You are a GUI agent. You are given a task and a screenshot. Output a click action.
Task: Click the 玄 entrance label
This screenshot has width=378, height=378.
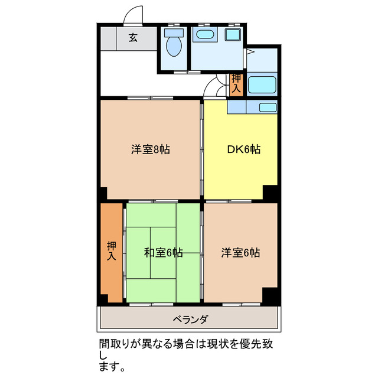[133, 38]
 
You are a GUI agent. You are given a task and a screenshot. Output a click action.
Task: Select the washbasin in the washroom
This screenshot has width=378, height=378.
[205, 34]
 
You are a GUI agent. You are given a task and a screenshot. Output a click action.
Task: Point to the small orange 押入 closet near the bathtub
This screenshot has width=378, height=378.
[236, 83]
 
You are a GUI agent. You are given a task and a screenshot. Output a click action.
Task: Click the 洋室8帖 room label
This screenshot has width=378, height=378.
[151, 149]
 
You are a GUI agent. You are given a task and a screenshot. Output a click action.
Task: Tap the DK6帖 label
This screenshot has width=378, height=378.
[244, 149]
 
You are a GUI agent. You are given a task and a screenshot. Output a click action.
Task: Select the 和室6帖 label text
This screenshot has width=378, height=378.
[163, 253]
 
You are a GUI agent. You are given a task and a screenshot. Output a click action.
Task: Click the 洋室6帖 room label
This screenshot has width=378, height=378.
[240, 253]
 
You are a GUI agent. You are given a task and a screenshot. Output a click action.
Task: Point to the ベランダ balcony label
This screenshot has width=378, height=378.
[190, 320]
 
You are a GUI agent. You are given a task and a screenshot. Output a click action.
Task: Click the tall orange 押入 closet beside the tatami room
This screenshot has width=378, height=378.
[111, 253]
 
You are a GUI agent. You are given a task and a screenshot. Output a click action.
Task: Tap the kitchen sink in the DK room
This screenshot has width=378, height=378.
[268, 107]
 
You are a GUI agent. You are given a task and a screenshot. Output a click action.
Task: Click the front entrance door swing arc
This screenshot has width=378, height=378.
[134, 15]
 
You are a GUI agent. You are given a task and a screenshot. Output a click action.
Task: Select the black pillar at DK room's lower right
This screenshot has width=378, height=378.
[271, 193]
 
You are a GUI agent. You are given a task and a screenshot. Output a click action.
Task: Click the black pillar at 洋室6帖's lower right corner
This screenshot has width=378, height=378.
[271, 296]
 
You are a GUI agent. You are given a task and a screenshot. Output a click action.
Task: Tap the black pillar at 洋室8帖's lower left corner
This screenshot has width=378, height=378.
[103, 193]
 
